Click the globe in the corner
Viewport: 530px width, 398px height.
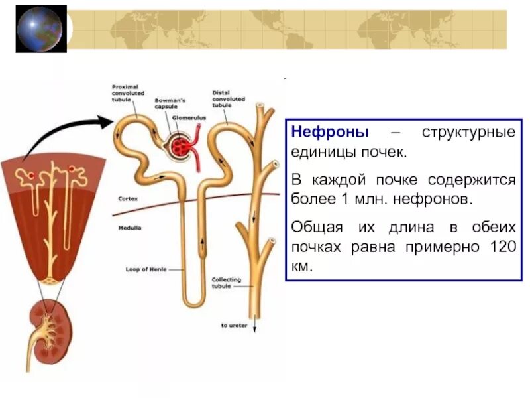(x=40, y=29)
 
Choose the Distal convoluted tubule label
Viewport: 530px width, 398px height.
(x=229, y=99)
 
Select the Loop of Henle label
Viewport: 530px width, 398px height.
(x=144, y=269)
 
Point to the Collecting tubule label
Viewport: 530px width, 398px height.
(x=227, y=283)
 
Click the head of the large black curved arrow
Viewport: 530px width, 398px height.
(x=107, y=122)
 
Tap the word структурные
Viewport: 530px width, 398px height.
(x=468, y=131)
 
